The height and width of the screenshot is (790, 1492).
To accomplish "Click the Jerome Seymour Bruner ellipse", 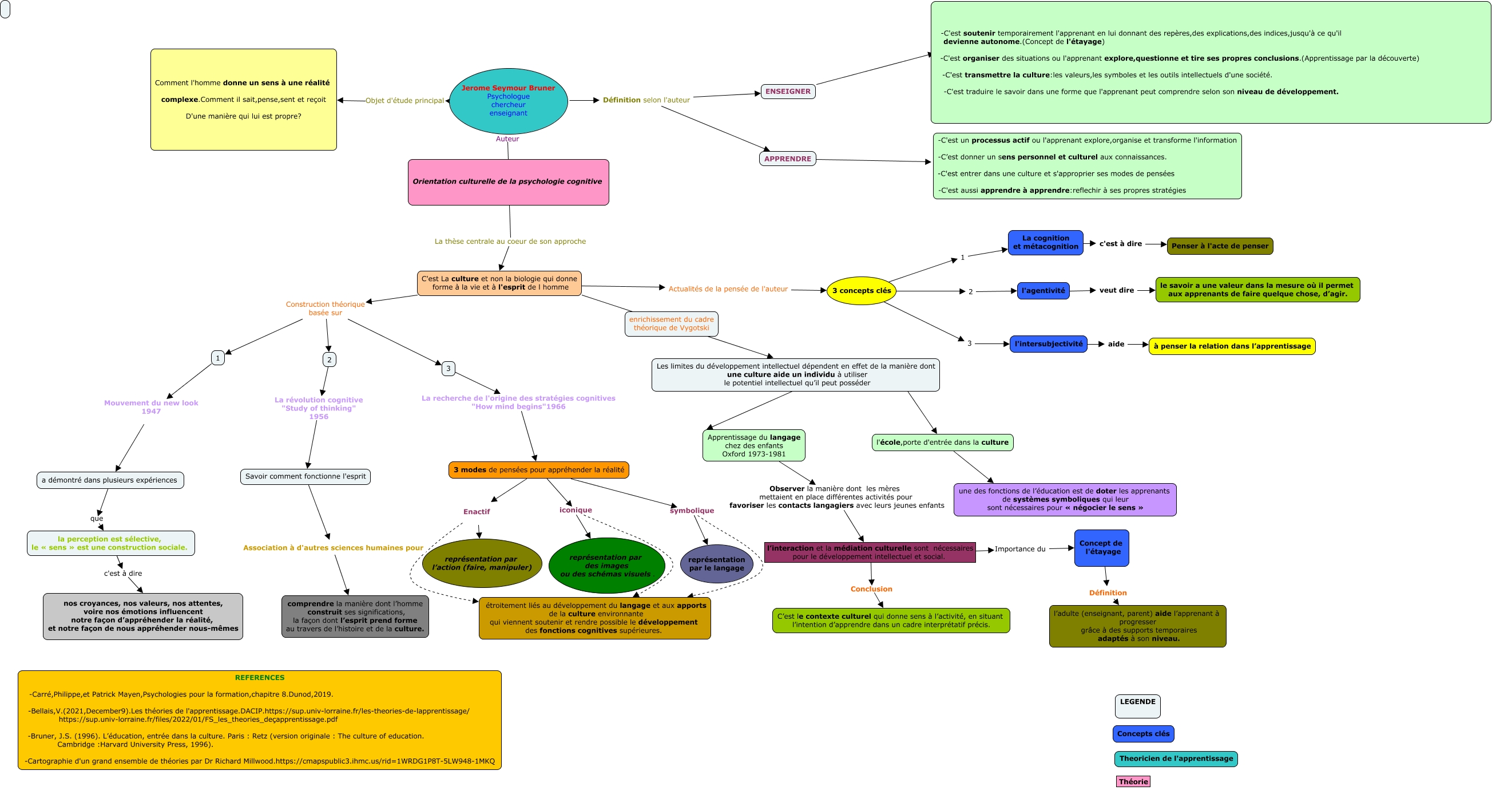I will click(508, 101).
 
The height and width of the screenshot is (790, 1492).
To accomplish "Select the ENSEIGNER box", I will click(788, 92).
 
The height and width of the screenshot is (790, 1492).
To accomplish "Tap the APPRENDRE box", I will click(787, 159).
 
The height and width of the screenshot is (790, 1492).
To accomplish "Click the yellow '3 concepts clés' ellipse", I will click(861, 290).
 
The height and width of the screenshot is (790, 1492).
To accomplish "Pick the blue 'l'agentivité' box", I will click(1043, 290).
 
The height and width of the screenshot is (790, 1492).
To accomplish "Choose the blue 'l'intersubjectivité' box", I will click(1048, 343).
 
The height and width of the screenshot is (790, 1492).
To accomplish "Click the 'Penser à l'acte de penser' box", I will click(1220, 246).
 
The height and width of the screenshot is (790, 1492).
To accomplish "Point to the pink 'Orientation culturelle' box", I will click(508, 182).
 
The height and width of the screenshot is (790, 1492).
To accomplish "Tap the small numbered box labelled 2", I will click(329, 360).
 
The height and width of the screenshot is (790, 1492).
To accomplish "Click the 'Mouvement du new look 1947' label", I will click(151, 407).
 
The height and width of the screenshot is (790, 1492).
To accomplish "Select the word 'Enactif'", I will click(476, 512).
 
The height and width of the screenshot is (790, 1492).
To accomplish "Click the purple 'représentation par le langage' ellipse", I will click(716, 563).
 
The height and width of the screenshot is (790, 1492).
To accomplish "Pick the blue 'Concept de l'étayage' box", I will click(1101, 548).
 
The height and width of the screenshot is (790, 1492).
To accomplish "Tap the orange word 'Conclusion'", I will click(871, 589).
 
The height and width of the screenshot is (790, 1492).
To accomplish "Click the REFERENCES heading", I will click(260, 678).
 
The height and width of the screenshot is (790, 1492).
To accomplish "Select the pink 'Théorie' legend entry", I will click(1133, 781).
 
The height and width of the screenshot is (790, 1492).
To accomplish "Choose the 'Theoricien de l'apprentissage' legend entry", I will click(1176, 759).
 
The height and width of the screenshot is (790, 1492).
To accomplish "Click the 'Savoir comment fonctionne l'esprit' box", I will click(305, 476).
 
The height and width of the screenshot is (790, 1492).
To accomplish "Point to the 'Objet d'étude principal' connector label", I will click(404, 101).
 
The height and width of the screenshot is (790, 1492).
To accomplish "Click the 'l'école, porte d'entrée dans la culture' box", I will click(942, 443).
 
